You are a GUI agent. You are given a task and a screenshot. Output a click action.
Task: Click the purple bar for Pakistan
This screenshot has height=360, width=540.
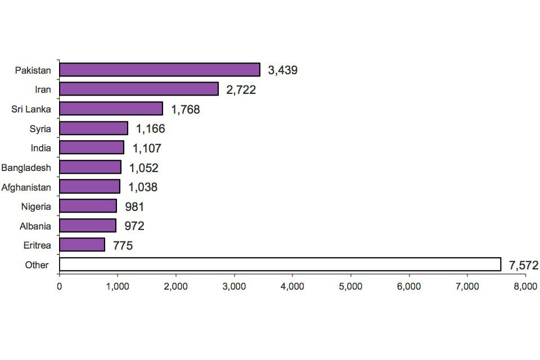(x=160, y=70)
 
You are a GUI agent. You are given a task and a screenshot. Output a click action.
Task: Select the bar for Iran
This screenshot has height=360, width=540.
(x=139, y=89)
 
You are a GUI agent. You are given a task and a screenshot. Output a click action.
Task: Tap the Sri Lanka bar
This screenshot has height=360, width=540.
(x=111, y=109)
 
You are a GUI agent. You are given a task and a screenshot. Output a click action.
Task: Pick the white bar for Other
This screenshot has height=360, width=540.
(x=280, y=264)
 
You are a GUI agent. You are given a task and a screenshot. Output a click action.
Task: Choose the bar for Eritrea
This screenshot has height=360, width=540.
(x=82, y=245)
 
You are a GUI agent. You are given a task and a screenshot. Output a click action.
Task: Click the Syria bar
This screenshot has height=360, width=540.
(x=93, y=128)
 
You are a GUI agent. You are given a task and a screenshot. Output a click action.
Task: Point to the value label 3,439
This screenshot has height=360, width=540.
(x=282, y=70)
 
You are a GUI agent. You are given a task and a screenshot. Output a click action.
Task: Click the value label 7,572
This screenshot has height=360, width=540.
(x=524, y=265)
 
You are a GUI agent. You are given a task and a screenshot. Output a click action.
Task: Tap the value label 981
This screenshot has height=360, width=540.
(x=134, y=206)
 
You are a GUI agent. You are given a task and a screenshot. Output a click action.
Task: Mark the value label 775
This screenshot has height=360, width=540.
(x=123, y=245)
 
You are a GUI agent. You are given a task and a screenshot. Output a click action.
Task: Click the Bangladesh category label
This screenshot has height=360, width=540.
(x=26, y=168)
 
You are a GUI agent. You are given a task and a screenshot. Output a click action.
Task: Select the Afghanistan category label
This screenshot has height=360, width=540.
(x=26, y=187)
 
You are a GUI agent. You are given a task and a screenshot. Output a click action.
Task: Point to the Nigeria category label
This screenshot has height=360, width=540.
(x=35, y=206)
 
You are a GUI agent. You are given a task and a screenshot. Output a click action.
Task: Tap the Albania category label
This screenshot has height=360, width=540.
(x=35, y=226)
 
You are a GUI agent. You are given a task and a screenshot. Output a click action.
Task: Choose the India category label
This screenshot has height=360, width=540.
(x=41, y=148)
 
